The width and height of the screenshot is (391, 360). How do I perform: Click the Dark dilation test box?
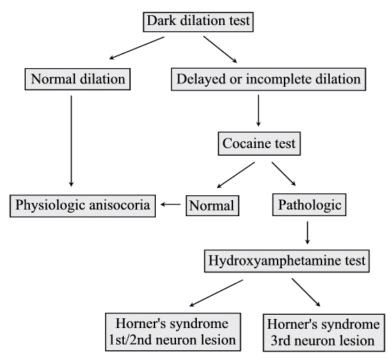click(197, 22)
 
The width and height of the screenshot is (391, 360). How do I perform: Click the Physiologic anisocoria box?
click(81, 205)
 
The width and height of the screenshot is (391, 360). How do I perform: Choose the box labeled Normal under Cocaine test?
click(212, 205)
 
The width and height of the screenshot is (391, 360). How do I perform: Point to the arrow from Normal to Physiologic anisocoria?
click(170, 205)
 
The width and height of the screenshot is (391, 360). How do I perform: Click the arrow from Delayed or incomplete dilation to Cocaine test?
click(258, 111)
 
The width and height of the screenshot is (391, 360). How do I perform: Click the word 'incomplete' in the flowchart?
click(278, 79)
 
